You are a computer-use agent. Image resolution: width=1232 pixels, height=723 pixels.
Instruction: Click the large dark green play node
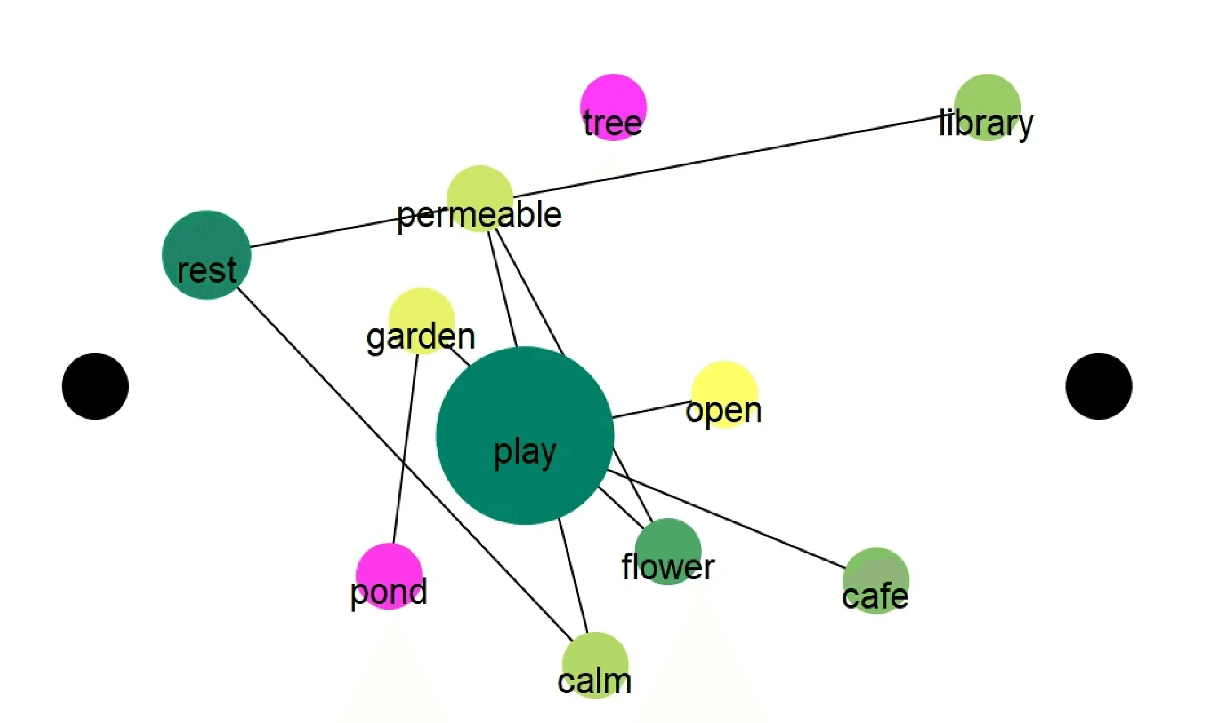525,435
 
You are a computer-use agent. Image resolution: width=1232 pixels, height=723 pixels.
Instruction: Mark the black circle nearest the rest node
95,386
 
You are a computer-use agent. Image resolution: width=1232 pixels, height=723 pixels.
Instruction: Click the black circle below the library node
1098,386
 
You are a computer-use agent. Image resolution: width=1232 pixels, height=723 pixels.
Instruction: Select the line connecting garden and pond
405,449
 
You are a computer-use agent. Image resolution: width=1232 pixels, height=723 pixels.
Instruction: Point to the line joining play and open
650,410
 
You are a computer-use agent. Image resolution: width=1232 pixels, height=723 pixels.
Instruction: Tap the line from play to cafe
725,519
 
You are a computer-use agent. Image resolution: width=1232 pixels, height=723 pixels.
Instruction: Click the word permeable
479,216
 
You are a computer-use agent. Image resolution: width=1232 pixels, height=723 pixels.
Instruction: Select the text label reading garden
420,338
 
